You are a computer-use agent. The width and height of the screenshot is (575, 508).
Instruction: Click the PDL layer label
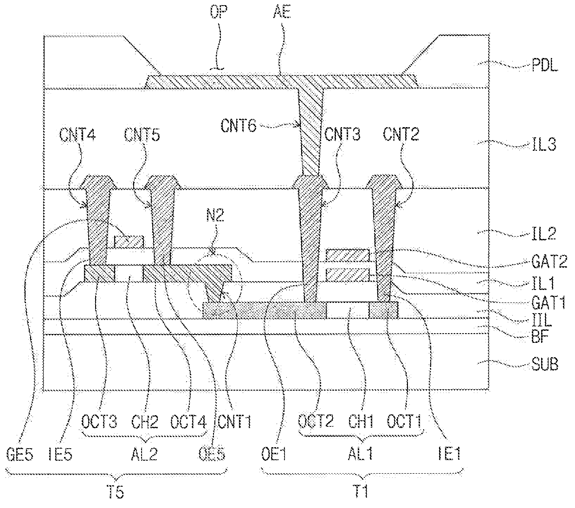[545, 65]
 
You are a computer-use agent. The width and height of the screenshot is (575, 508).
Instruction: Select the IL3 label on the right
[544, 144]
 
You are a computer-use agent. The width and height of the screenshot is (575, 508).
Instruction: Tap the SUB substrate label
[545, 364]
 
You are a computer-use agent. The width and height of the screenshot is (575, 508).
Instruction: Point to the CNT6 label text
[239, 125]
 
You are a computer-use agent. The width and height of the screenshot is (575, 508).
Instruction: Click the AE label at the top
[282, 12]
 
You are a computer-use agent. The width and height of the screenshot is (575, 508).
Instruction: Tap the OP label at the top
[219, 12]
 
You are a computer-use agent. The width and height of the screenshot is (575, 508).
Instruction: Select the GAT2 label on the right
[549, 261]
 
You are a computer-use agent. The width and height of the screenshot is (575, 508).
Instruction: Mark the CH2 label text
[144, 422]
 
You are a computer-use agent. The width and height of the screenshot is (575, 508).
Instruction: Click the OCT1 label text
[404, 421]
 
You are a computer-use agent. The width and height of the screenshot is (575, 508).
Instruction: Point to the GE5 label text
[20, 454]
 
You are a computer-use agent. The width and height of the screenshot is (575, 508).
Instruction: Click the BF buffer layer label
[540, 337]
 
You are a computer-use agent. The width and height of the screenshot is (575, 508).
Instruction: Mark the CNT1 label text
[234, 422]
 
